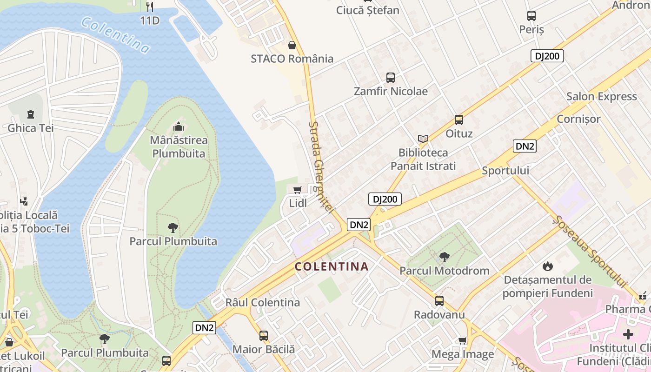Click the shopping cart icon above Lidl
(297, 190)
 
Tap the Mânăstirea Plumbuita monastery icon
(179, 126)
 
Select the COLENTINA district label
(332, 267)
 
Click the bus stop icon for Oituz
(459, 120)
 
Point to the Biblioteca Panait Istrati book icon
(423, 139)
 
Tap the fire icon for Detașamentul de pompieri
(547, 266)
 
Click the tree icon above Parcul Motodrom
(444, 257)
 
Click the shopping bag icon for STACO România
(292, 45)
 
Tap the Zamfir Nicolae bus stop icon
(391, 78)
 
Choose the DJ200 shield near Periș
(547, 56)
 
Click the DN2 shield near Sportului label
(525, 146)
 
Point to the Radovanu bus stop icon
(439, 301)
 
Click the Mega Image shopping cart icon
(462, 341)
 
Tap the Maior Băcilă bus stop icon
(264, 335)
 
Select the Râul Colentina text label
(262, 302)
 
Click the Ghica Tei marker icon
(31, 113)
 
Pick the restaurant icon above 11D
(149, 7)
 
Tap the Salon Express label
(601, 97)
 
